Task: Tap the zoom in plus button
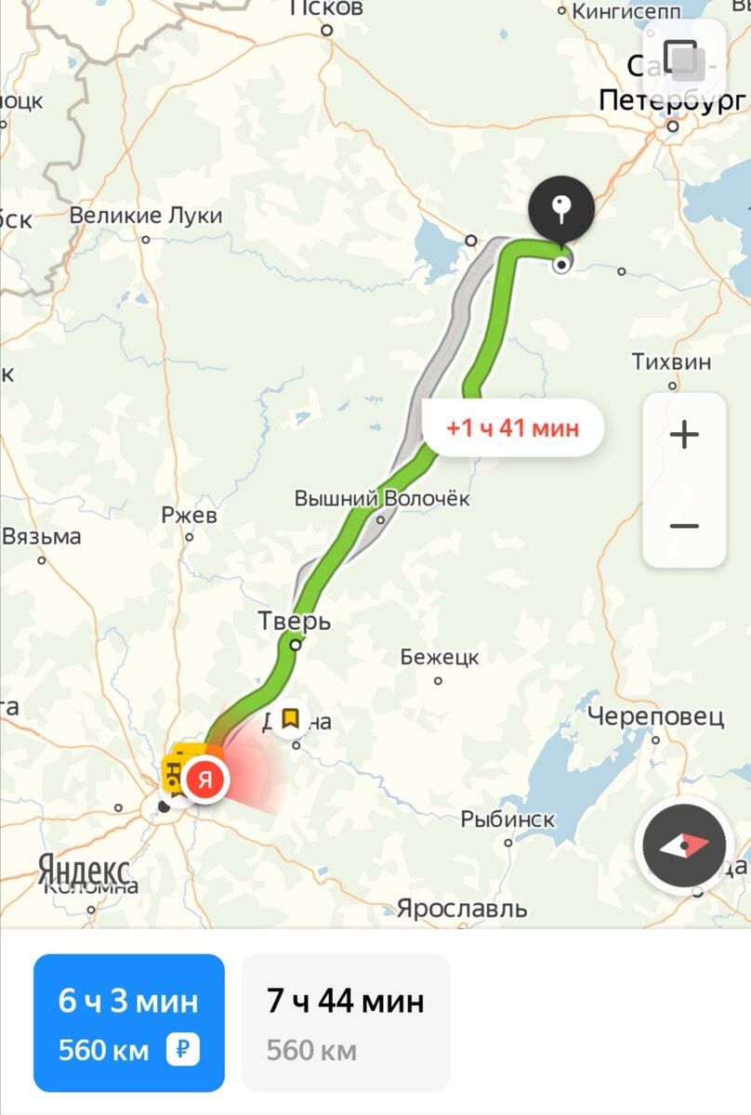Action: (684, 435)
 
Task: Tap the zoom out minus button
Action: (684, 526)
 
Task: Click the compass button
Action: (685, 845)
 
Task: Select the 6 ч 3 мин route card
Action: (129, 1022)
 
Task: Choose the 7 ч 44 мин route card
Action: (345, 1022)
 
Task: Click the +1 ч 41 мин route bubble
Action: (512, 428)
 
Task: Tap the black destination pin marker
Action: (561, 207)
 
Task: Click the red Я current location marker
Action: (205, 779)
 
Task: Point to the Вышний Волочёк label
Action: (382, 499)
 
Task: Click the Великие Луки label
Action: (147, 216)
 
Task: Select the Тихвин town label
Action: (671, 361)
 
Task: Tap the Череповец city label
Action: (655, 716)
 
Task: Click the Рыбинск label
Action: (507, 820)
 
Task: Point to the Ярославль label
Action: (462, 908)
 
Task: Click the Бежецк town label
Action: (440, 657)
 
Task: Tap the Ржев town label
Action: (189, 515)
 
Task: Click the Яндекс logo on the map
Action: (84, 871)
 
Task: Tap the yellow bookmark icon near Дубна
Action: (290, 718)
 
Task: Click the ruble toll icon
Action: (182, 1050)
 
